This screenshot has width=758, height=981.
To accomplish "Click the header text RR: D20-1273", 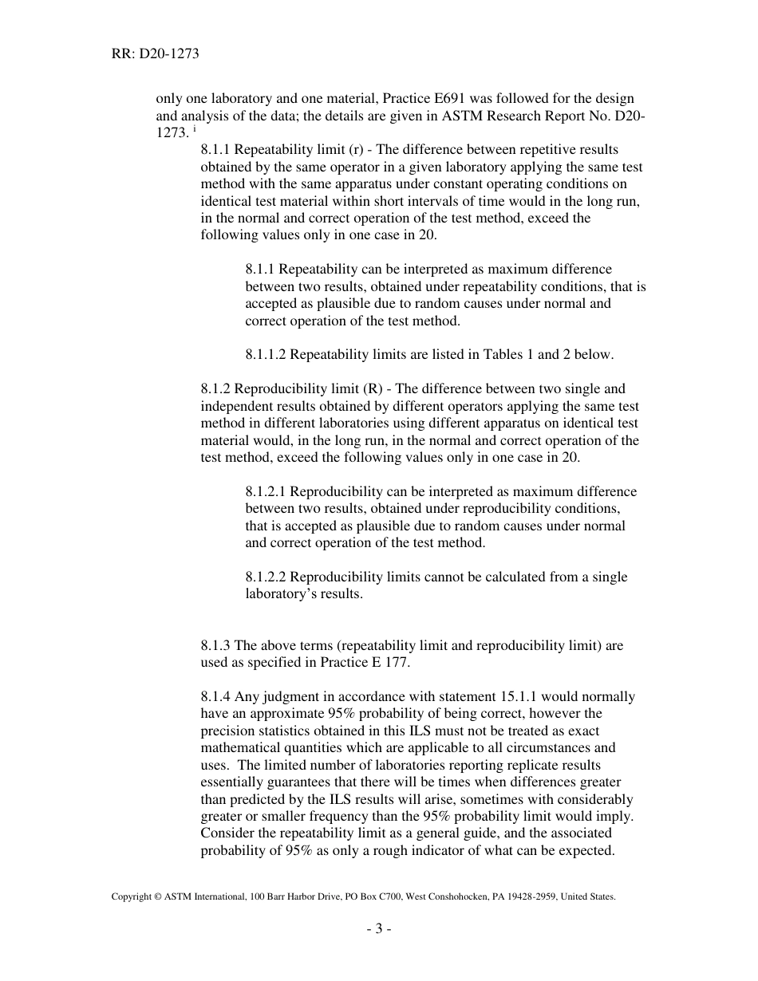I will point(155,54).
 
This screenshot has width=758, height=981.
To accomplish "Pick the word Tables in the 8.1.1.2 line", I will point(505,354).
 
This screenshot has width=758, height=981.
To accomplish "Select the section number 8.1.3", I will point(216,645).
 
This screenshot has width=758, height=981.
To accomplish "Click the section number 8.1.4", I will point(216,696).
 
